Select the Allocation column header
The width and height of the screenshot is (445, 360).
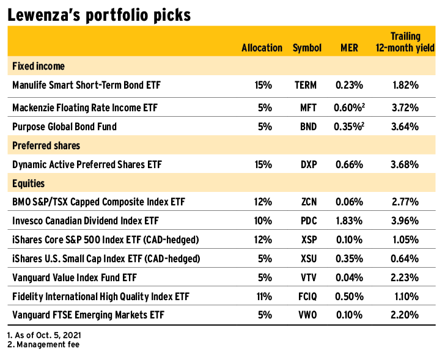[262, 48]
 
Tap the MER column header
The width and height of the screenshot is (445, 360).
[348, 48]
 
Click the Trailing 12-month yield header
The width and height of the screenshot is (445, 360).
[405, 42]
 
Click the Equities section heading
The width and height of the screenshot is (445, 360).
[28, 183]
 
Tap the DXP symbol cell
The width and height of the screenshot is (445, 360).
[307, 164]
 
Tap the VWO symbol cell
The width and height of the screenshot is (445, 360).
[307, 315]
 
